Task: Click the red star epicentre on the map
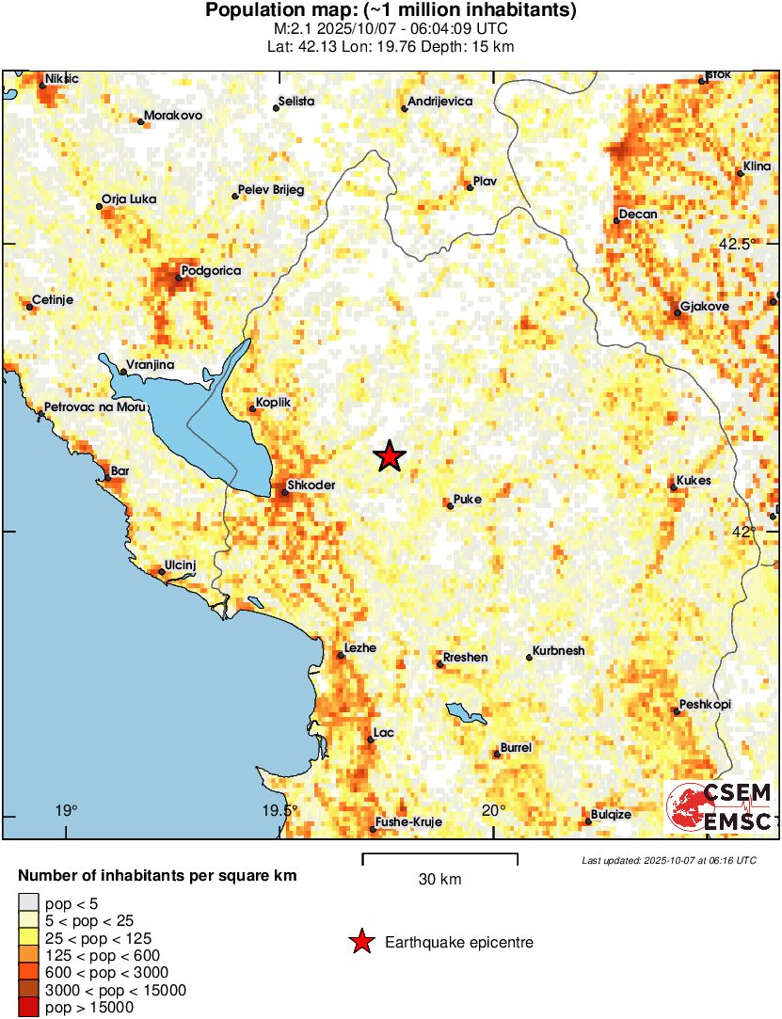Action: (x=390, y=456)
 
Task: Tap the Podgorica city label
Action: (x=211, y=271)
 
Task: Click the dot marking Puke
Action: (x=450, y=506)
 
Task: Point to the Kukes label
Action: (x=694, y=481)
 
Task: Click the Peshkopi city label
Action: (x=705, y=705)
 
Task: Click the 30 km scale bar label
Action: (x=439, y=880)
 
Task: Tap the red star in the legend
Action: (x=360, y=942)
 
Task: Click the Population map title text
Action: (x=391, y=11)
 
